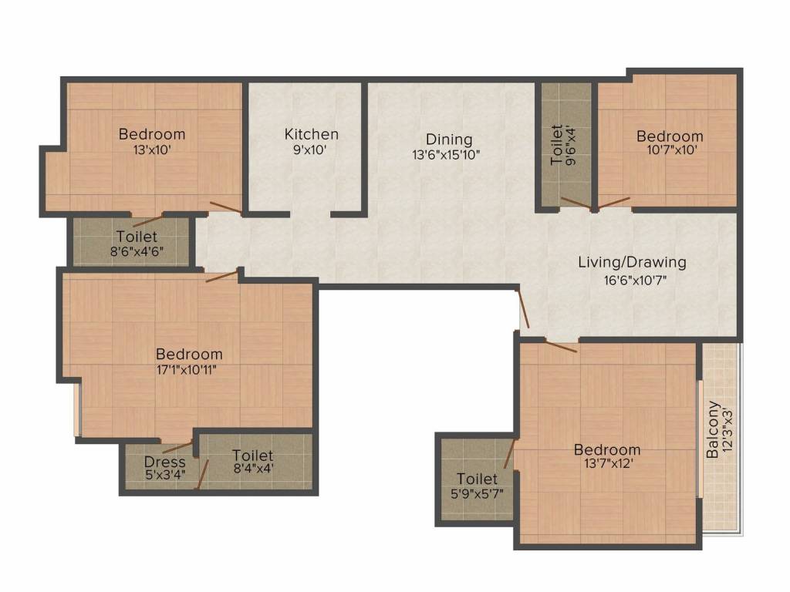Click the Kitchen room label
coord(312,134)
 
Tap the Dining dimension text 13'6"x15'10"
coord(446,154)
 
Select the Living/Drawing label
coord(632,262)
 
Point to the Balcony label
coord(712,429)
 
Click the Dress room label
coord(165,462)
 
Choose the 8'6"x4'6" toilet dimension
coord(137,251)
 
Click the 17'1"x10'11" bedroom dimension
coord(187,370)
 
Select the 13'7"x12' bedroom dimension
coord(608,463)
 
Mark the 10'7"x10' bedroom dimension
coord(672,150)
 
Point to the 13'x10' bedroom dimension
coord(153,150)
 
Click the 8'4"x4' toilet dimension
coord(253,469)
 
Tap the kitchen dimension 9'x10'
coord(310,150)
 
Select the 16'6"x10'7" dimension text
coord(636,281)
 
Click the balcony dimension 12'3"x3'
coord(727,429)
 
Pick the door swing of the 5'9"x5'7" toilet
coord(510,453)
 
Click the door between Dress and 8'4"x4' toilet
coord(203,474)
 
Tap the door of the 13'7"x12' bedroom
coord(561,347)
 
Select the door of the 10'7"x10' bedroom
coord(613,203)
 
